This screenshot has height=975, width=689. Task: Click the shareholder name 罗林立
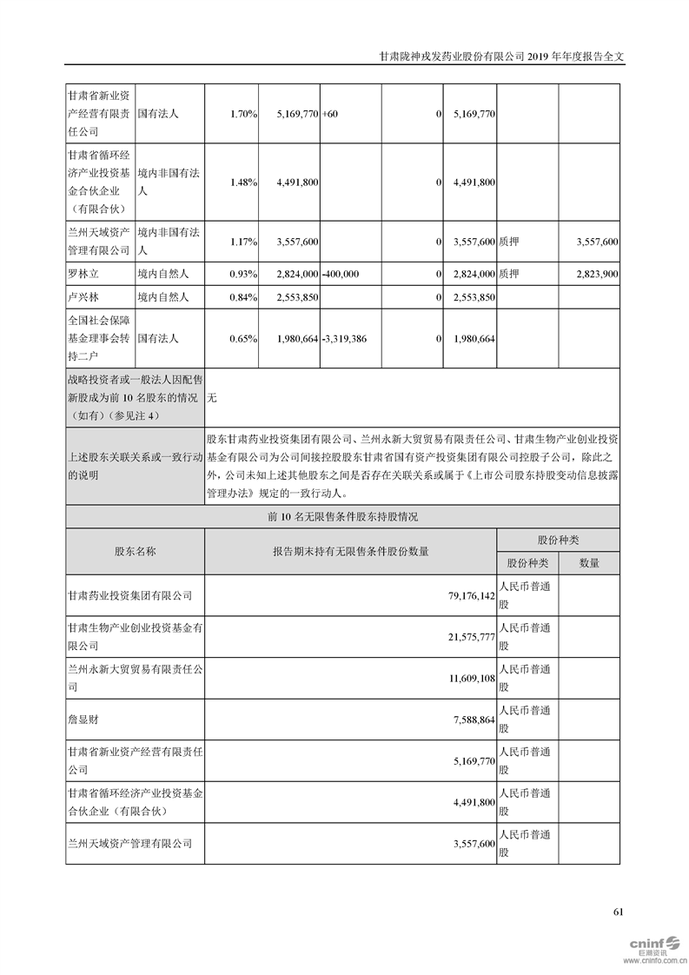tap(85, 274)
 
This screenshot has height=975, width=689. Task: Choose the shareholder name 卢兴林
tap(85, 297)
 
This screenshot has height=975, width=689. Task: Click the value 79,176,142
tap(468, 596)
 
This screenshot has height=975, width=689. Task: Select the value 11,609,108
tap(468, 680)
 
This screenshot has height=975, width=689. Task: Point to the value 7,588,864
tap(472, 720)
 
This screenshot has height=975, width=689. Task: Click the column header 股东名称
tap(136, 551)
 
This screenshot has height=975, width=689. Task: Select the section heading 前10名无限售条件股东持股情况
tap(343, 516)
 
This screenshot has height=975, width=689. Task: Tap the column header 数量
tap(589, 563)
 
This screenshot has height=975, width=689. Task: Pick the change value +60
tap(330, 114)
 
